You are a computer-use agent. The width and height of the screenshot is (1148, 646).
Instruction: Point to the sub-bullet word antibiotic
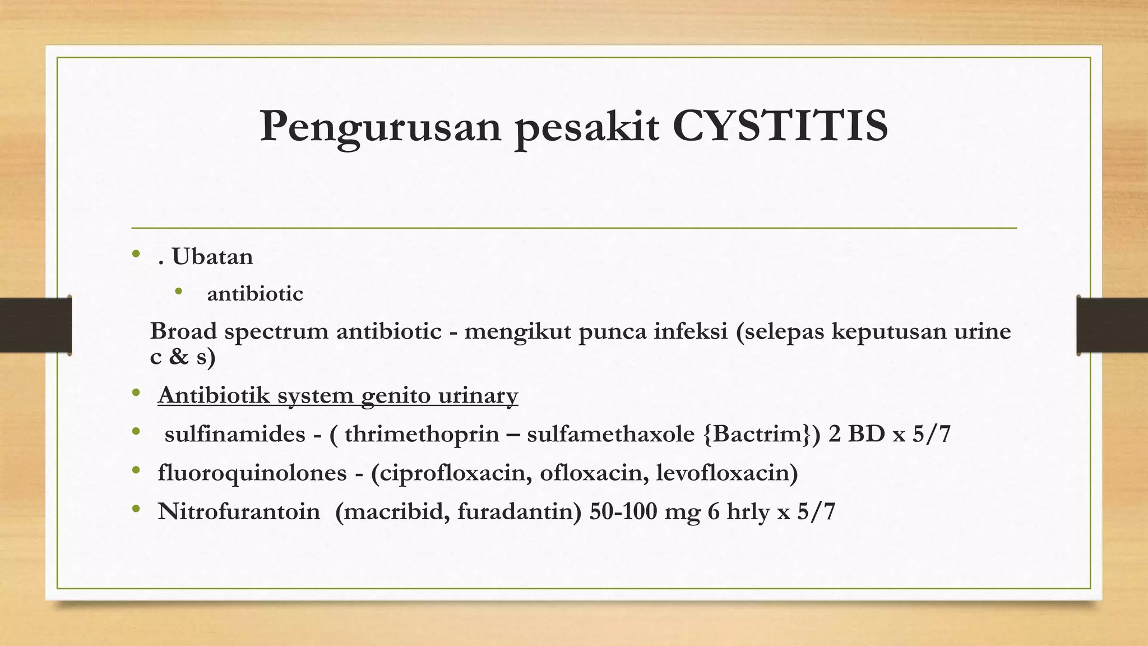[254, 294]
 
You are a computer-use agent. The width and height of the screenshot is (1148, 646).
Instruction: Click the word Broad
[183, 331]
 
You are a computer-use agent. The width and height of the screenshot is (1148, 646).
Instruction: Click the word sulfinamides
[235, 434]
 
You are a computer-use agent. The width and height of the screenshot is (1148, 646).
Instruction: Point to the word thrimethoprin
[422, 434]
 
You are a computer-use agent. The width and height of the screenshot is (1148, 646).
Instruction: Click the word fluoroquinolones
[252, 473]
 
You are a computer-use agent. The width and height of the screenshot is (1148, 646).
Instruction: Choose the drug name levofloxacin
[725, 473]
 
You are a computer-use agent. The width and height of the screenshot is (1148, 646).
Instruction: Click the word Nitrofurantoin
[239, 511]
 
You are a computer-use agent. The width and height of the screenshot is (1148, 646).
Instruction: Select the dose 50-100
[623, 511]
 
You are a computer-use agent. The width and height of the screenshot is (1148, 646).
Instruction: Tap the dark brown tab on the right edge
[1112, 325]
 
